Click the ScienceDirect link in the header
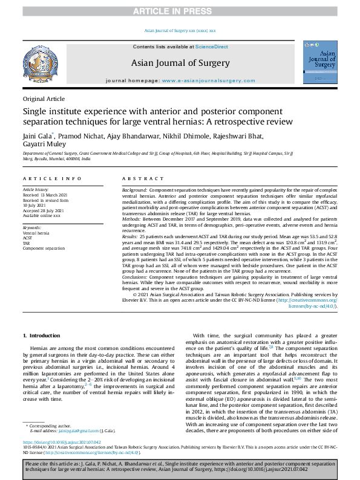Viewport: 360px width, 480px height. pos(211,47)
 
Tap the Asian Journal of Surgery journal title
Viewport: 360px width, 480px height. pos(180,63)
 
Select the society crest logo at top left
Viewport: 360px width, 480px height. pos(39,63)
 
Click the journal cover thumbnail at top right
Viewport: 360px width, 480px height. pos(320,63)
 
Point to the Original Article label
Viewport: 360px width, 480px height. pos(44,99)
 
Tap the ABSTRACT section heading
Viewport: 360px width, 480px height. pos(140,179)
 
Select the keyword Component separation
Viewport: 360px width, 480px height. pos(44,248)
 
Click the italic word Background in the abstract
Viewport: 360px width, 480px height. pos(134,190)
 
